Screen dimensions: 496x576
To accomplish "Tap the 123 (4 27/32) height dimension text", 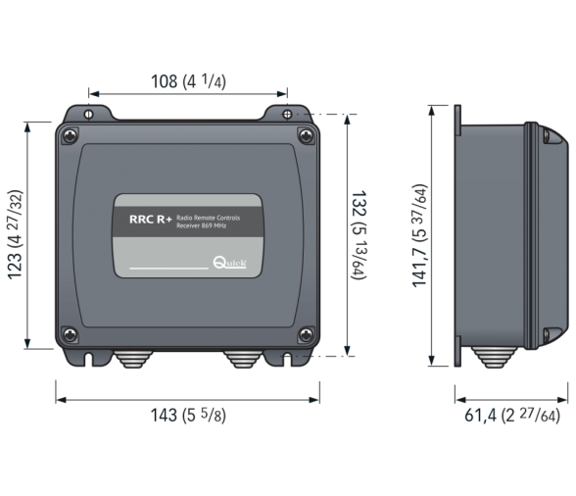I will [18, 234].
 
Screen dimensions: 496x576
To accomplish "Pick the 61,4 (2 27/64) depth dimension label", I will [511, 416].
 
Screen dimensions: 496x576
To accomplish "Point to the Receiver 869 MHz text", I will [202, 225].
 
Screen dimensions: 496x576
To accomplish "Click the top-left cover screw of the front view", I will [69, 136].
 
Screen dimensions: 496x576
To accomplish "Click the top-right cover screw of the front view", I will [305, 136].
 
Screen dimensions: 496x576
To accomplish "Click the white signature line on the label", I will [168, 267].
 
